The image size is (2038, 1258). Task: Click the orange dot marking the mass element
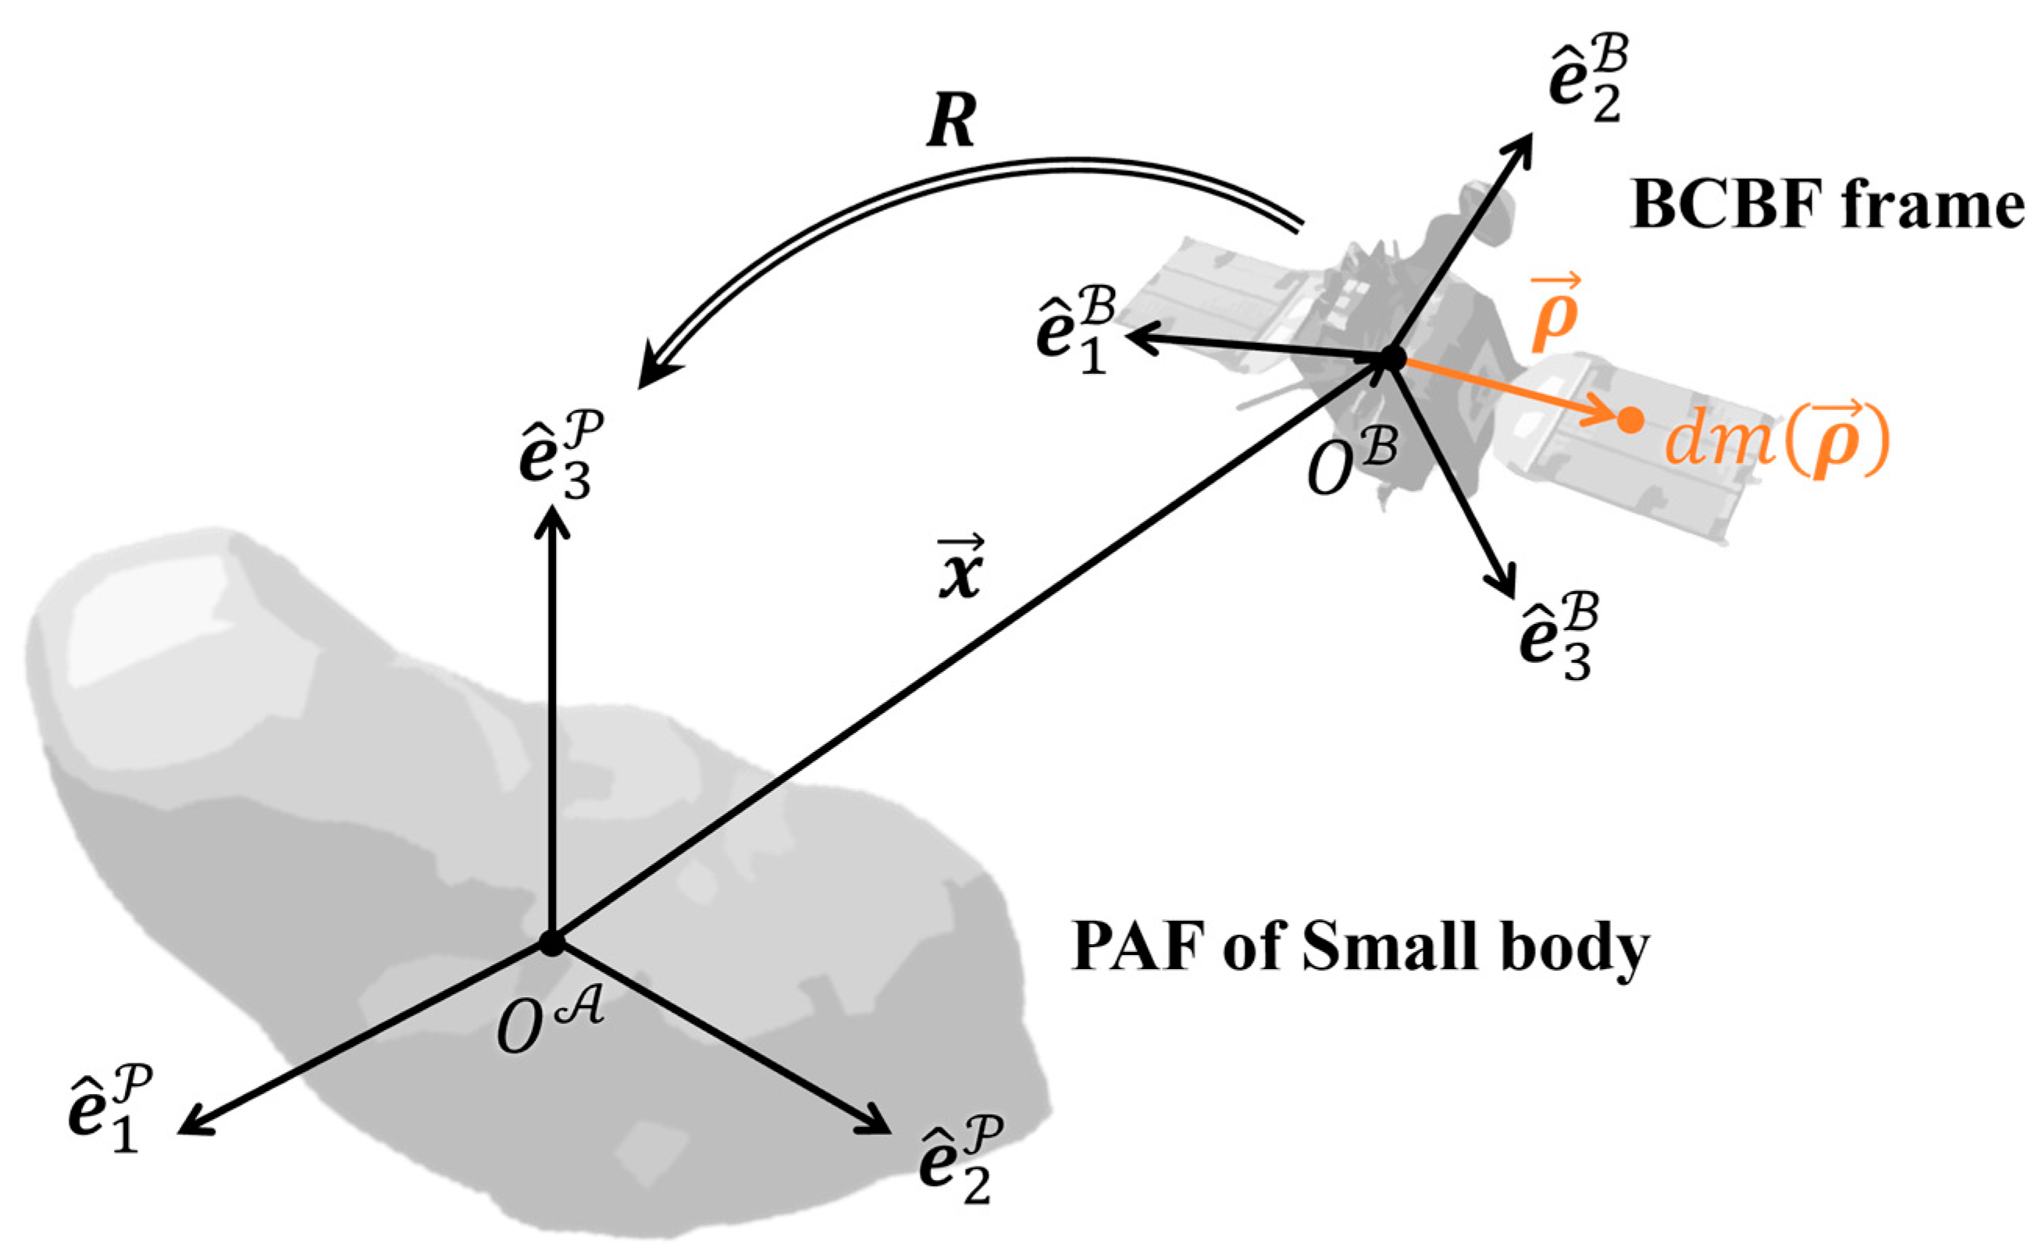coord(1630,420)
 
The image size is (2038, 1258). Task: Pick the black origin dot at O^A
coord(550,943)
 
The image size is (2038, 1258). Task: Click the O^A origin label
coord(549,1021)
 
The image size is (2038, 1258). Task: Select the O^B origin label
coord(1352,462)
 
